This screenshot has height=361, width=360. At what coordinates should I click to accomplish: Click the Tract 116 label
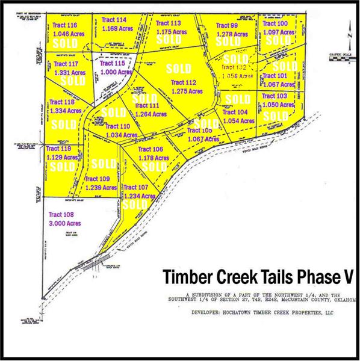point(64,25)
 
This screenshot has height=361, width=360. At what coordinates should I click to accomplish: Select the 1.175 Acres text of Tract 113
point(172,31)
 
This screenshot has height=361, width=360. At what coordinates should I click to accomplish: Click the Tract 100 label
point(275,23)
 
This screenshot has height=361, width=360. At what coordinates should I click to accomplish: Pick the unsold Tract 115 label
point(113,63)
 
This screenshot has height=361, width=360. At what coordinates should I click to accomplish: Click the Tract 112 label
point(184,83)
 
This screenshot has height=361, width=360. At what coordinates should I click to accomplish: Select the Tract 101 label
point(275,76)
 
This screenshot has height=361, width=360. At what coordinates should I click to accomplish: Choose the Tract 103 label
point(275,96)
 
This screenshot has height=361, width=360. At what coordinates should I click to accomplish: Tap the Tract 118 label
point(62,102)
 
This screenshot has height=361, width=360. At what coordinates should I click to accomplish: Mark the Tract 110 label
point(117,126)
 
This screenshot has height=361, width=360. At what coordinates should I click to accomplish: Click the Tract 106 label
point(151,149)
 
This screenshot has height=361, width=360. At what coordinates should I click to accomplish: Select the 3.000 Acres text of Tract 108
point(64,223)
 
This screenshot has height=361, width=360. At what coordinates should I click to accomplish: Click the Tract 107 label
point(135,187)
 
